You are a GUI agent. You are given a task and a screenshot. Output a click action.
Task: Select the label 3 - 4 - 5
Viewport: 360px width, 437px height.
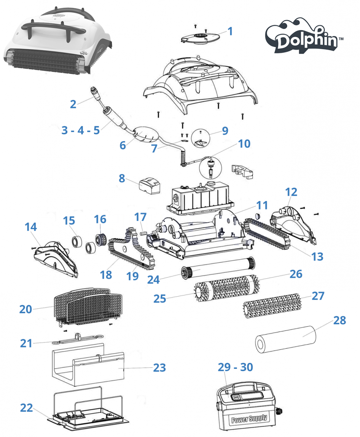point(81,130)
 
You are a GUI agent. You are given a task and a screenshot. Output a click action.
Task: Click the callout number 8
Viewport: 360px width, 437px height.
point(122,178)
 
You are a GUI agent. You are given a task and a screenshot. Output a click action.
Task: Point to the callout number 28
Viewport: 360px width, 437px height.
point(340,321)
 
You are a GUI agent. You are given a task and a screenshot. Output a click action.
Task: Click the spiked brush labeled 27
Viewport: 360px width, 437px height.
point(273,305)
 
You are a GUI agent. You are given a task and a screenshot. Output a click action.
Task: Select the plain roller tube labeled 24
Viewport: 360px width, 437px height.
point(219,268)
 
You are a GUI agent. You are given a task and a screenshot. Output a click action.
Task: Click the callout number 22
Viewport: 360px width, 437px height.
point(27,408)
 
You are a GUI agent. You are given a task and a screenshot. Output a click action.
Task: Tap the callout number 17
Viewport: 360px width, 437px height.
point(140,217)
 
